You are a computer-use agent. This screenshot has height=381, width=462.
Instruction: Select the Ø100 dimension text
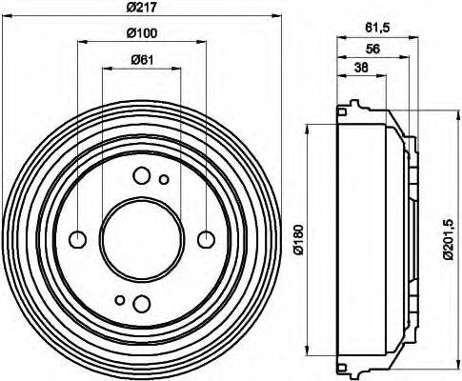click(x=143, y=35)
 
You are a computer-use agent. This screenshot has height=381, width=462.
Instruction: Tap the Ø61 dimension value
click(x=143, y=62)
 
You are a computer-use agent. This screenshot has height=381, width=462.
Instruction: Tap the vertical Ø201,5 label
click(x=449, y=239)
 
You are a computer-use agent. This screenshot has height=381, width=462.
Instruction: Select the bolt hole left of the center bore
click(x=78, y=238)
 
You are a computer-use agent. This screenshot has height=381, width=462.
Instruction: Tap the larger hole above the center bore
click(x=142, y=174)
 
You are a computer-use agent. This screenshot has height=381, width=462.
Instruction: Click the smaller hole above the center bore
click(x=164, y=179)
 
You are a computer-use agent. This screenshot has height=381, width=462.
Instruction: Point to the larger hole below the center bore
click(x=142, y=303)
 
